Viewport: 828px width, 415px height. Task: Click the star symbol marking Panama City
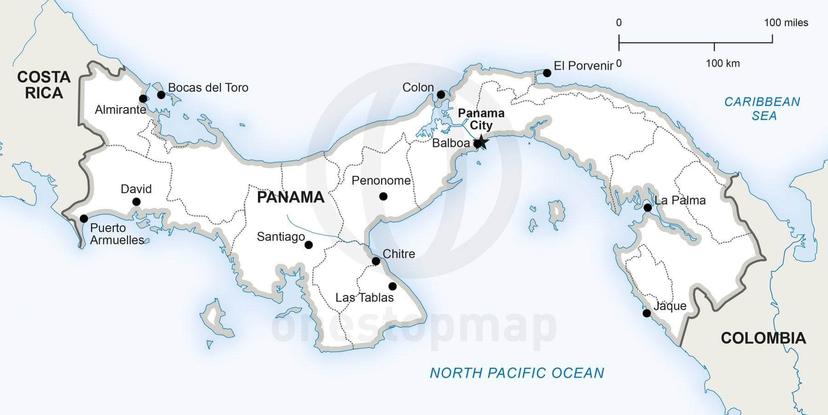tap(481, 142)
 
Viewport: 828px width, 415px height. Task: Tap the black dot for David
tap(136, 202)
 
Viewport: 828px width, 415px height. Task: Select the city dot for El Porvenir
tap(547, 73)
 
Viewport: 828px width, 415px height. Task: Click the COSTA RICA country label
tap(44, 85)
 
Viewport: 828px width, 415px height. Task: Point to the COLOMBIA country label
tap(763, 338)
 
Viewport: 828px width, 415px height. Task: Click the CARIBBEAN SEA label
tap(762, 109)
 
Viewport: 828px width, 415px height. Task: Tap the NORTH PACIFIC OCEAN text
tap(517, 373)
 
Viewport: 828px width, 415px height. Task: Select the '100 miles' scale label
tap(786, 23)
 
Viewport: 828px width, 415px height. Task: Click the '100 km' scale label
tap(723, 63)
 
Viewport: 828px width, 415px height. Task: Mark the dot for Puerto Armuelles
tap(84, 218)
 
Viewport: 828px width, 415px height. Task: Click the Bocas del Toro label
tap(208, 87)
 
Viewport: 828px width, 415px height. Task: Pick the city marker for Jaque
tap(646, 313)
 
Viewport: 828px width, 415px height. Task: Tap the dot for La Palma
tap(647, 207)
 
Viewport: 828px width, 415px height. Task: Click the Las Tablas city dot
tap(392, 286)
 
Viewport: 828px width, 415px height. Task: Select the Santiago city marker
tap(309, 245)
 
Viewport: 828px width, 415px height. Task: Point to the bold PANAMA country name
tap(290, 197)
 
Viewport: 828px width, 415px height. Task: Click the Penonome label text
tap(381, 180)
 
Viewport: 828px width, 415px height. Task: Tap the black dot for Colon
tap(441, 95)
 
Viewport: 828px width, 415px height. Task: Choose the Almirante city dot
tap(143, 99)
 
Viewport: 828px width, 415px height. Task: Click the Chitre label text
tap(398, 254)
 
